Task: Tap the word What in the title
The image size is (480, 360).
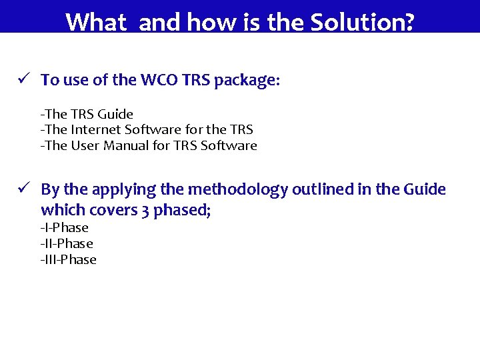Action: tap(96, 23)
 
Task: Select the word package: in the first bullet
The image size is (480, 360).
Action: tap(249, 81)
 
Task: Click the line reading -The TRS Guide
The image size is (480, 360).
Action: tap(87, 114)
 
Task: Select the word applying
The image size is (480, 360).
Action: tap(127, 190)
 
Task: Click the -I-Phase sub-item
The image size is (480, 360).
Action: tap(65, 227)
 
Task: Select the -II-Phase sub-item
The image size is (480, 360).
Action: tap(67, 243)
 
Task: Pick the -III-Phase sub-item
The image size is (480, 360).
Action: tap(69, 259)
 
